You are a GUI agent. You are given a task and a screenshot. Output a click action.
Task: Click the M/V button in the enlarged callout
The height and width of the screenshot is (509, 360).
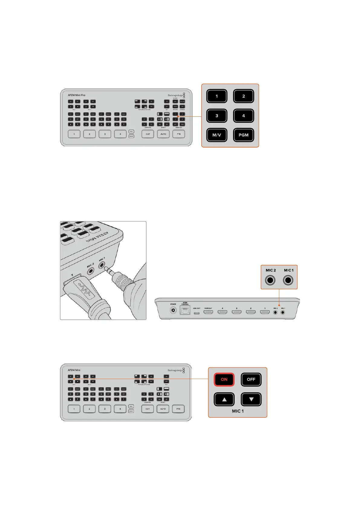click(x=217, y=135)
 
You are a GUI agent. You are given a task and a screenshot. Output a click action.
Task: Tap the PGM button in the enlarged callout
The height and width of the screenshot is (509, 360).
click(x=243, y=135)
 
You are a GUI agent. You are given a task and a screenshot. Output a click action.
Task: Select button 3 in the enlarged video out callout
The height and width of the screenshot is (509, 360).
click(x=217, y=116)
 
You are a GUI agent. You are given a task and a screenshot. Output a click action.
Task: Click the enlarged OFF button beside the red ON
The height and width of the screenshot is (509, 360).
click(x=251, y=379)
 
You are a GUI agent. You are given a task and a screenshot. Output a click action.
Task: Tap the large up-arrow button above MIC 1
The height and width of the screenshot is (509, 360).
click(x=224, y=399)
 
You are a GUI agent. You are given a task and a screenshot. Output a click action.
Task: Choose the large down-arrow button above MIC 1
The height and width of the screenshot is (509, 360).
click(x=251, y=399)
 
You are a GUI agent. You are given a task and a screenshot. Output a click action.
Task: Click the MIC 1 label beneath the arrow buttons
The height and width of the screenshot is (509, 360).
click(x=238, y=411)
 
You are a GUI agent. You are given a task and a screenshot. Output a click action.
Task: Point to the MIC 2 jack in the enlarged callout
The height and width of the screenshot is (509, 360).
click(x=270, y=280)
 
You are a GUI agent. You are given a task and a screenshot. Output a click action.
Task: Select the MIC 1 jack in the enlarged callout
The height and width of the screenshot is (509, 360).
click(x=288, y=280)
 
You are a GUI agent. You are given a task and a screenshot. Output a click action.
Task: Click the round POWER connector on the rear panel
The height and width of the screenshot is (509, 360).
click(x=173, y=310)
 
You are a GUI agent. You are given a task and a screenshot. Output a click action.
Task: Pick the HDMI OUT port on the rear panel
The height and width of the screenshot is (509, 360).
click(x=208, y=312)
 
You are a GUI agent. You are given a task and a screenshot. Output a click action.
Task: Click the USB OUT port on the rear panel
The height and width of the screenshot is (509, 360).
click(x=196, y=312)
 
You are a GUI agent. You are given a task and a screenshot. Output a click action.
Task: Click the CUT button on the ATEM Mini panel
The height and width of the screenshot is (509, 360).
click(x=148, y=409)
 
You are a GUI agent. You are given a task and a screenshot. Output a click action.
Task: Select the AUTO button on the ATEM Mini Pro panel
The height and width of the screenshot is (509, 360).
click(x=163, y=134)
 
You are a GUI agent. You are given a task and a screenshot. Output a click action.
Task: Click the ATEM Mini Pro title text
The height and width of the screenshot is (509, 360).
click(x=76, y=95)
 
